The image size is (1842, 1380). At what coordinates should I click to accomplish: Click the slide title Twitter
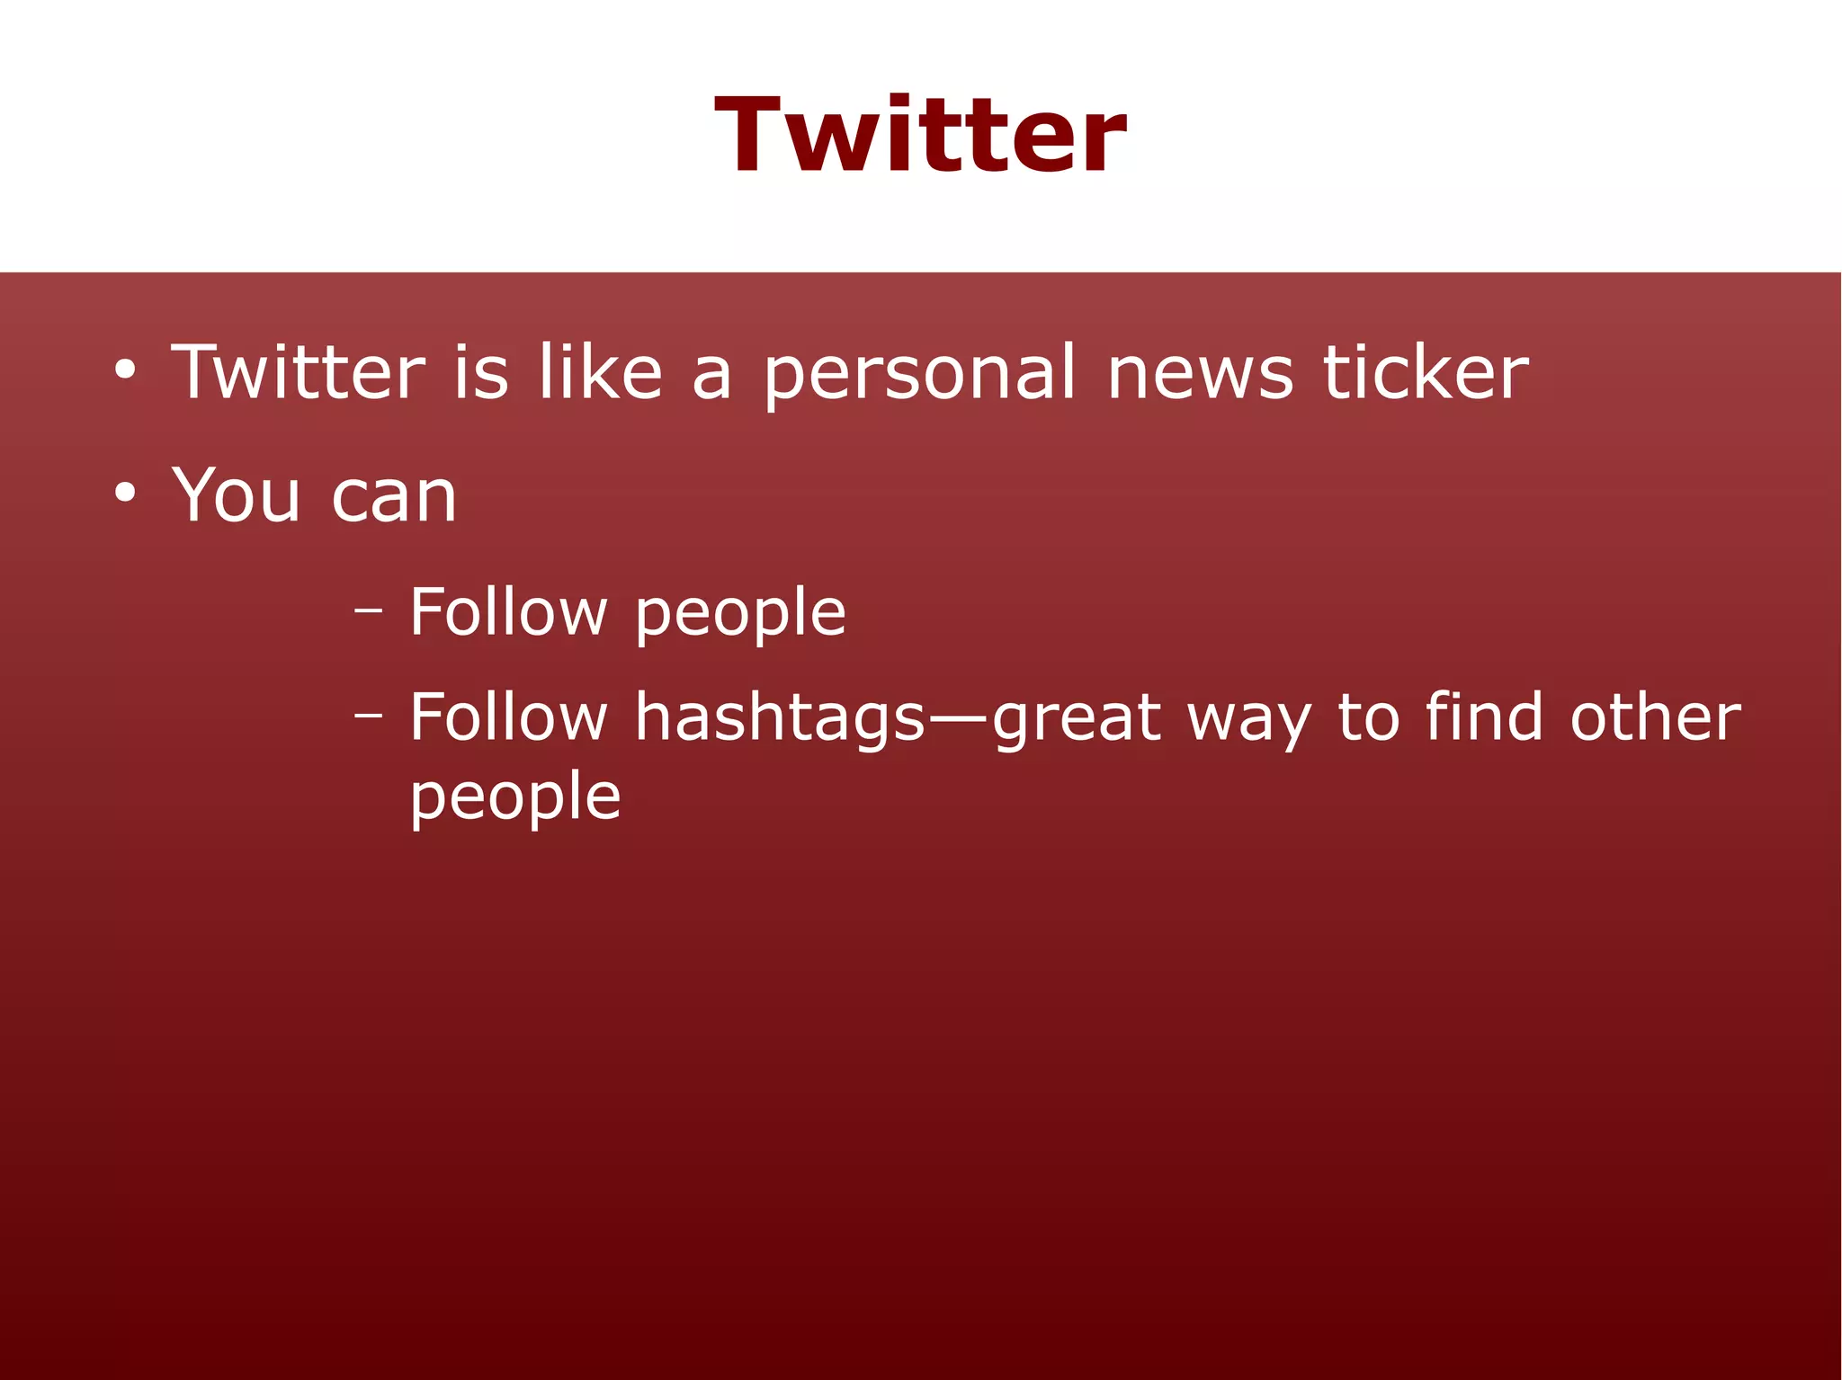[920, 136]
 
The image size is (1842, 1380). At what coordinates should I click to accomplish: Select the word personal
[918, 376]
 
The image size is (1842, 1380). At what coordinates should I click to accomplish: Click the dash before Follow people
[368, 610]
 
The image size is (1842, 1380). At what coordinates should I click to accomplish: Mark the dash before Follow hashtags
[368, 716]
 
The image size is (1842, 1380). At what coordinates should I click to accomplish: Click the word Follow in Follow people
[508, 611]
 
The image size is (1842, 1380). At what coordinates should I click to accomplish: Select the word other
[1655, 717]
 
